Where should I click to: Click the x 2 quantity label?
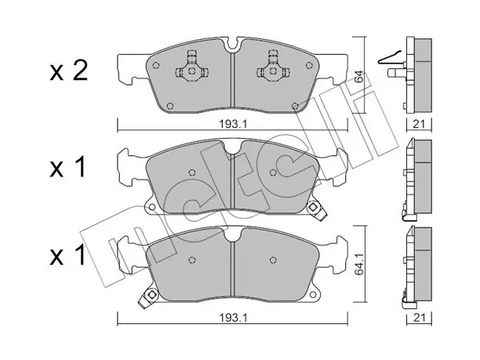click(69, 71)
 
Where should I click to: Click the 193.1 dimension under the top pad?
click(233, 124)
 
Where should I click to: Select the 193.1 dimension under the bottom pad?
click(233, 318)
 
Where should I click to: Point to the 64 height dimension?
click(360, 76)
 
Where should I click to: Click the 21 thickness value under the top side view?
click(419, 124)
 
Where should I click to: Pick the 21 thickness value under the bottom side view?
click(419, 318)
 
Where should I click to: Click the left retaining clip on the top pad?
click(191, 67)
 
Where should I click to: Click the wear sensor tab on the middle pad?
click(315, 209)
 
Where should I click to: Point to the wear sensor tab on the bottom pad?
click(148, 297)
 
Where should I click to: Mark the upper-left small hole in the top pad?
click(156, 65)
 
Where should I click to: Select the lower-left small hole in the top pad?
click(170, 106)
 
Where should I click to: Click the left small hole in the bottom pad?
click(192, 260)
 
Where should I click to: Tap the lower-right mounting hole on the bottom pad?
click(313, 294)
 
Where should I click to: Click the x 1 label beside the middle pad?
click(67, 168)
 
